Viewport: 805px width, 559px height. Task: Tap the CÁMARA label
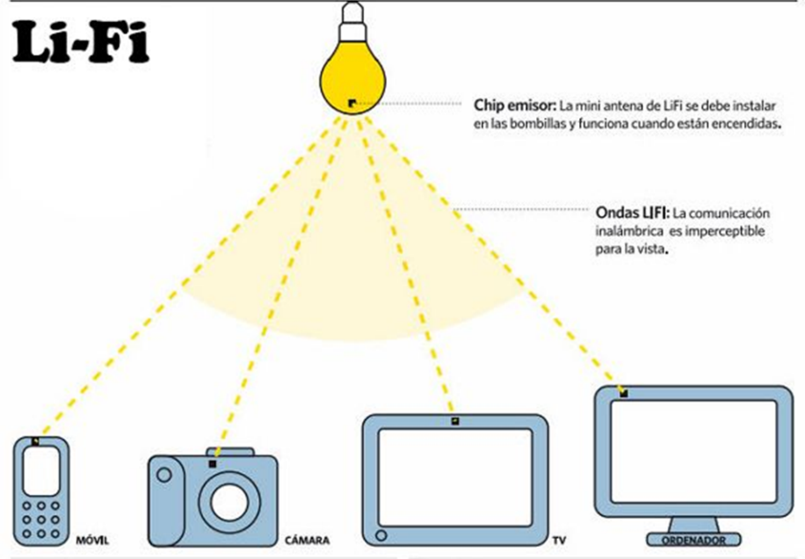pyautogui.click(x=308, y=540)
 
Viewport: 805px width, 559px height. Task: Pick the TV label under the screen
pyautogui.click(x=560, y=539)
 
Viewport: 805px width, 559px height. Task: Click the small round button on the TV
pyautogui.click(x=381, y=534)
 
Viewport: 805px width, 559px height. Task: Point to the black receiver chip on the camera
pyautogui.click(x=212, y=462)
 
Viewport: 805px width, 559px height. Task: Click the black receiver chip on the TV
pyautogui.click(x=454, y=421)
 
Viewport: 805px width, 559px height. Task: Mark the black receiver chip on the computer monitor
pyautogui.click(x=623, y=392)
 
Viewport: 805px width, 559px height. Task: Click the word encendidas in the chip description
pyautogui.click(x=746, y=125)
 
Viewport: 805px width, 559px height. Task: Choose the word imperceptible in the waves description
pyautogui.click(x=726, y=230)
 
